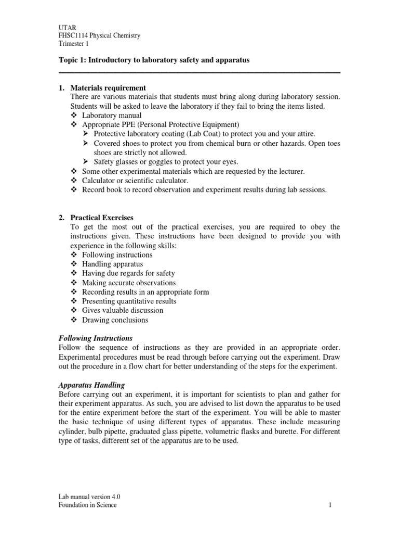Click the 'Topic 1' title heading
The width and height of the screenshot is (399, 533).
click(x=154, y=60)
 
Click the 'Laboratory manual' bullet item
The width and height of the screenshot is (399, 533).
click(x=112, y=116)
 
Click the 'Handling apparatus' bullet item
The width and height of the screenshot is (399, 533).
click(x=112, y=264)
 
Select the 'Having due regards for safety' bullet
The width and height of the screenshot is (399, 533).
click(x=128, y=273)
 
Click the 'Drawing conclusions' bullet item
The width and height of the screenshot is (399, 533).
click(x=115, y=320)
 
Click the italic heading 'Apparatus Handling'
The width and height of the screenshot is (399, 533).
click(x=91, y=385)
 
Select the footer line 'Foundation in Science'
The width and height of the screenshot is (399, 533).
click(x=87, y=505)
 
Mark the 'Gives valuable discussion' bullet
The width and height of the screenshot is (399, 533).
click(x=123, y=311)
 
